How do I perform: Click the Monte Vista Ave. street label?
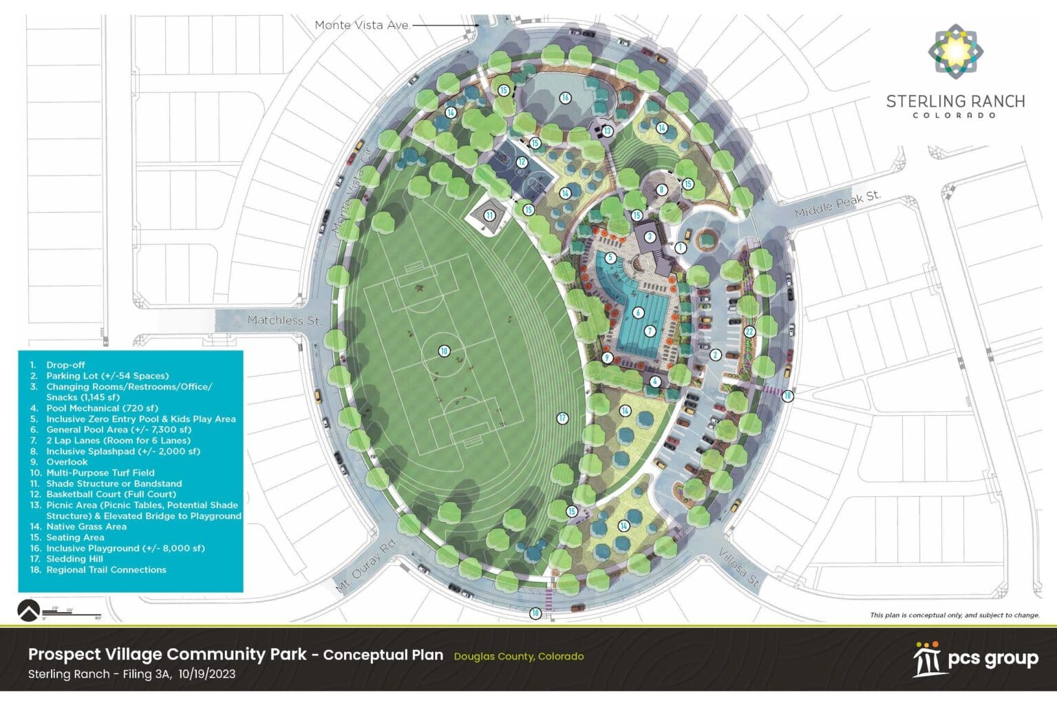tap(362, 25)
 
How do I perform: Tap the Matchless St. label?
tap(284, 320)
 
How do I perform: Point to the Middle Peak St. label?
tap(837, 204)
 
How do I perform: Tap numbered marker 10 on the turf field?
tap(444, 351)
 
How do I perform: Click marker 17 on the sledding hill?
tap(562, 418)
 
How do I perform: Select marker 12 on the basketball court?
tap(522, 162)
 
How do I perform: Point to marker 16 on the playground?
tap(565, 98)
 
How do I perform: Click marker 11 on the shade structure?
tap(489, 215)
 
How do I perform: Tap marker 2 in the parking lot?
tap(716, 355)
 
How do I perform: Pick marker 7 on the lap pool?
tap(650, 331)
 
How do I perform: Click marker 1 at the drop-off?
tap(681, 247)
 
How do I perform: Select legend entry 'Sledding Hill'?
tap(74, 559)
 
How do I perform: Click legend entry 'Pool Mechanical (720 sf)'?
tap(102, 408)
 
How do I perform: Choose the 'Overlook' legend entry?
tap(67, 462)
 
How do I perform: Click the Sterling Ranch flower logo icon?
tap(955, 49)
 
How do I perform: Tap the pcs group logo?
tap(975, 660)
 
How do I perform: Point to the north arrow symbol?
tap(28, 610)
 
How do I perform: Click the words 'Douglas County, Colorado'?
tap(518, 657)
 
